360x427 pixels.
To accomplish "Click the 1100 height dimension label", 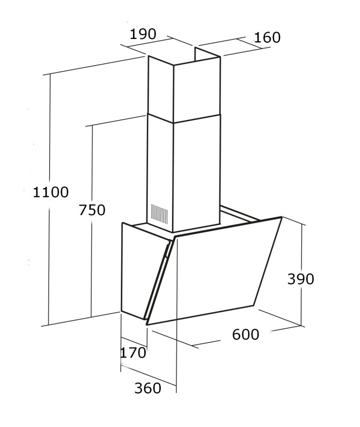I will tap(51, 192).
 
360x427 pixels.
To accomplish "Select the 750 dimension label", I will tap(92, 210).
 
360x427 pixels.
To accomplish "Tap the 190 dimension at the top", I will tap(143, 34).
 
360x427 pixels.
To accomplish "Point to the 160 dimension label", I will tap(267, 37).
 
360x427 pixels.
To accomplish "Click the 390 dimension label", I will tap(301, 279).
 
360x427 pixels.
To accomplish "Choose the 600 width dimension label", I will tap(246, 335).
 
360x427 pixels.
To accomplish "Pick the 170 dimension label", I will tap(133, 353).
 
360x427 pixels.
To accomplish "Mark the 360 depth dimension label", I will tap(147, 388).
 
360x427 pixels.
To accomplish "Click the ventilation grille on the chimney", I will tap(159, 212).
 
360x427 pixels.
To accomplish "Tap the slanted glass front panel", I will tap(219, 272).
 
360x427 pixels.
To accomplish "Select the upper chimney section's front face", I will tap(160, 88).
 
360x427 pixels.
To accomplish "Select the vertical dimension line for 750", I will tap(92, 267).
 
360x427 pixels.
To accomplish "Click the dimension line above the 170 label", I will tap(134, 342).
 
